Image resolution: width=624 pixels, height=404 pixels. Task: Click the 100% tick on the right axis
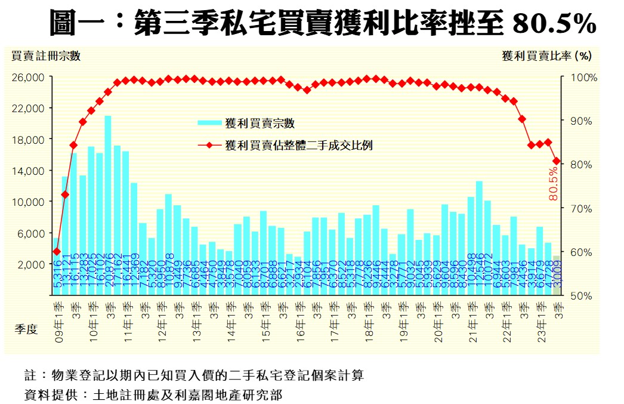pos(578,78)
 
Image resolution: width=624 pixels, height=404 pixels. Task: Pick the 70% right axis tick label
pos(577,208)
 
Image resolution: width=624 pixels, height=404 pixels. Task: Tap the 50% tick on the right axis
pos(577,295)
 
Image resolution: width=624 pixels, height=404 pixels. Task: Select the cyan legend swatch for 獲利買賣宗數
pos(210,124)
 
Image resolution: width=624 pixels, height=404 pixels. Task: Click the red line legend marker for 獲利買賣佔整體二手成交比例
pos(210,145)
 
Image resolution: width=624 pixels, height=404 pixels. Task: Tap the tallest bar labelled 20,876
pos(108,203)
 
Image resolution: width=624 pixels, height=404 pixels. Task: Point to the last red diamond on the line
pos(557,161)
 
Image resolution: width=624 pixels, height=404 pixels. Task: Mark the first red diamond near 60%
pos(57,251)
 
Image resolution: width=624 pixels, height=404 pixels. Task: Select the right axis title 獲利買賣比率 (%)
pos(546,56)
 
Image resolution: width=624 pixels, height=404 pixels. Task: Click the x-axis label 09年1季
pos(57,319)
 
